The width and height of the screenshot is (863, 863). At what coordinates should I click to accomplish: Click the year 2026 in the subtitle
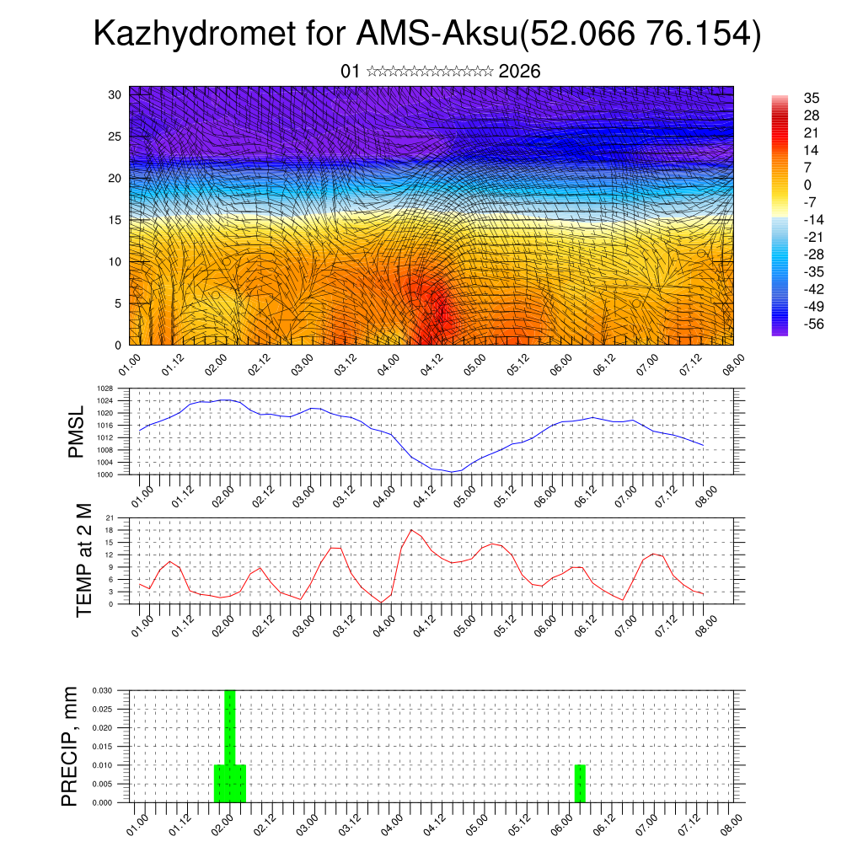519,72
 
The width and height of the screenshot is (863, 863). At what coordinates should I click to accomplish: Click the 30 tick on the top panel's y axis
115,94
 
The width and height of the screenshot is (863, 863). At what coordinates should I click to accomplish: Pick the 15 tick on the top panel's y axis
115,220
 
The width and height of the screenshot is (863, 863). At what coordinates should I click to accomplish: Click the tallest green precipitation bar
229,742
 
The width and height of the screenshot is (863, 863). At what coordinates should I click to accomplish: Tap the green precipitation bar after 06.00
580,784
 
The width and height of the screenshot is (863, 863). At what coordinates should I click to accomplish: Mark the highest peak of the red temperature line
411,530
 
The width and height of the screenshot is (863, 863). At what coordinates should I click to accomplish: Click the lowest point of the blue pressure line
452,472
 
